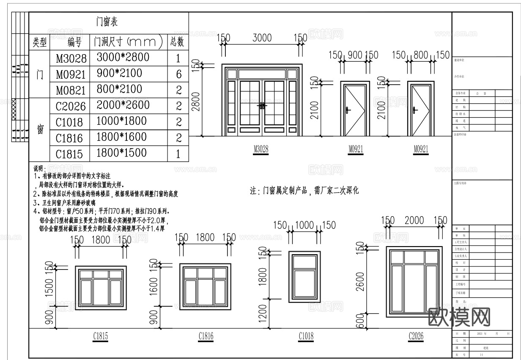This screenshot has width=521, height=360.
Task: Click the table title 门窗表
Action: coord(109,21)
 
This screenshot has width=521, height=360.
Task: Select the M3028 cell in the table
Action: coord(71,58)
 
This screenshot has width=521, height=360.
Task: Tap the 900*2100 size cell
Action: coord(119,73)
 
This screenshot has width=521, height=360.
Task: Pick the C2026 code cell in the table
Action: coord(71,106)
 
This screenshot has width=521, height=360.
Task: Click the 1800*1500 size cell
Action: coord(122,153)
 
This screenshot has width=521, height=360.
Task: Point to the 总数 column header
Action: coord(178,41)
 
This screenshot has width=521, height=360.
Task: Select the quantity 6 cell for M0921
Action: coord(178,74)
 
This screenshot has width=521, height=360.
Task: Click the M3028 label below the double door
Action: coord(261,149)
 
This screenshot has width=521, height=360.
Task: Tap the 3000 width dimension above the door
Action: coord(262,38)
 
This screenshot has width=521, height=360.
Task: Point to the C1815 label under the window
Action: coord(100,336)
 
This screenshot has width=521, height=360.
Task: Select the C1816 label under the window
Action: coord(206,336)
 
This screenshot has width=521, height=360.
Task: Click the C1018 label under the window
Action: coord(306,336)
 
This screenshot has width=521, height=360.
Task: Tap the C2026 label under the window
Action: coord(416,336)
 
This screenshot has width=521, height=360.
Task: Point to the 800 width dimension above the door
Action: coord(421,55)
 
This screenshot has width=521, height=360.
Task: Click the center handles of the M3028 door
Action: coord(262,106)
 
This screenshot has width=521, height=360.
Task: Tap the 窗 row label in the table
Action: coord(40,129)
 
